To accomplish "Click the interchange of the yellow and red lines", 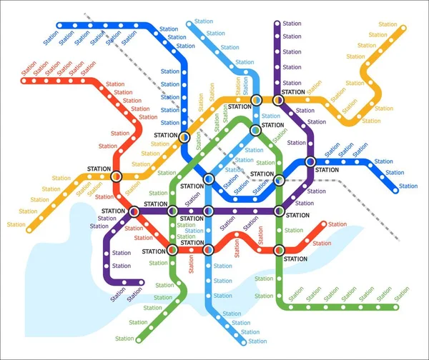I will pyautogui.click(x=117, y=176).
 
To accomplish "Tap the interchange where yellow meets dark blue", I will pyautogui.click(x=184, y=136).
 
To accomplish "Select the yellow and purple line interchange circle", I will pyautogui.click(x=277, y=100).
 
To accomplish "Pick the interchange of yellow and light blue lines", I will pyautogui.click(x=257, y=99).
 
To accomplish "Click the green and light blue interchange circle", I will pyautogui.click(x=255, y=130).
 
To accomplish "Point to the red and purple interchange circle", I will pyautogui.click(x=134, y=211).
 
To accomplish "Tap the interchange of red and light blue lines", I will pyautogui.click(x=208, y=250).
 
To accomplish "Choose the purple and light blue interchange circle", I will pyautogui.click(x=208, y=211).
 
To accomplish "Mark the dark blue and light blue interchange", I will pyautogui.click(x=209, y=179).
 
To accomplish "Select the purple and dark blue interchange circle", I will pyautogui.click(x=310, y=162).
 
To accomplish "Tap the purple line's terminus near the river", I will pyautogui.click(x=141, y=282).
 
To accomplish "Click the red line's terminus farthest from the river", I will pyautogui.click(x=24, y=81).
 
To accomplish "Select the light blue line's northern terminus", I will pyautogui.click(x=190, y=24).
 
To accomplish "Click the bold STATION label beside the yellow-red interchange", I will pyautogui.click(x=99, y=169).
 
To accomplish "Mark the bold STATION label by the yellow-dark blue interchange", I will pyautogui.click(x=166, y=136).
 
